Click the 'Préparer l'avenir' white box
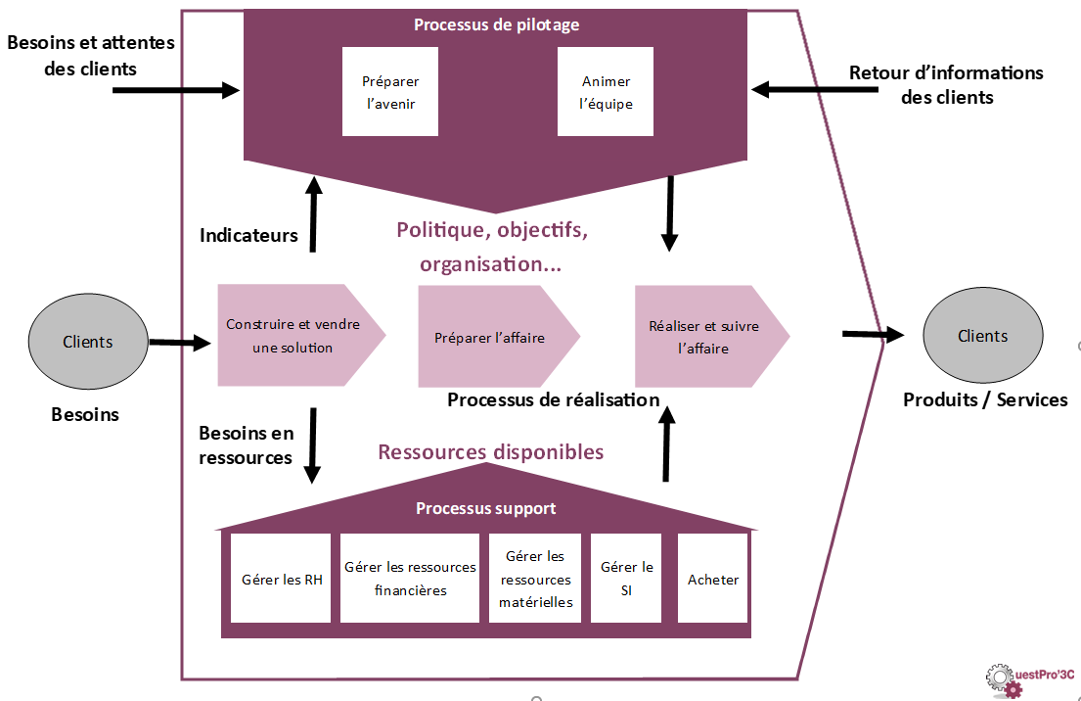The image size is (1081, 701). [389, 92]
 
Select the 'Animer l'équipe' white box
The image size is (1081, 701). [606, 92]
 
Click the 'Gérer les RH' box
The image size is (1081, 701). [282, 579]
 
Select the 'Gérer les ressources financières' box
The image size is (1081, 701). [410, 579]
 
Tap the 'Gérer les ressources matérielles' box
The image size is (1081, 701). [535, 579]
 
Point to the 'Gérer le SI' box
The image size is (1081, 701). [626, 579]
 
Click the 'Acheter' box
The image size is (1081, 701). [713, 579]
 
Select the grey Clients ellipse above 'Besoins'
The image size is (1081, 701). [88, 342]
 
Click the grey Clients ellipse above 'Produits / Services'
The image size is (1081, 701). [982, 336]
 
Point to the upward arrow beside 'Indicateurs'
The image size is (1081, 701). [313, 214]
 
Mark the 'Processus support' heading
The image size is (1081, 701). [485, 508]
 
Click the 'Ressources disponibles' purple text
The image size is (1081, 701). [490, 451]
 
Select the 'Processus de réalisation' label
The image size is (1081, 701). [553, 399]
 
